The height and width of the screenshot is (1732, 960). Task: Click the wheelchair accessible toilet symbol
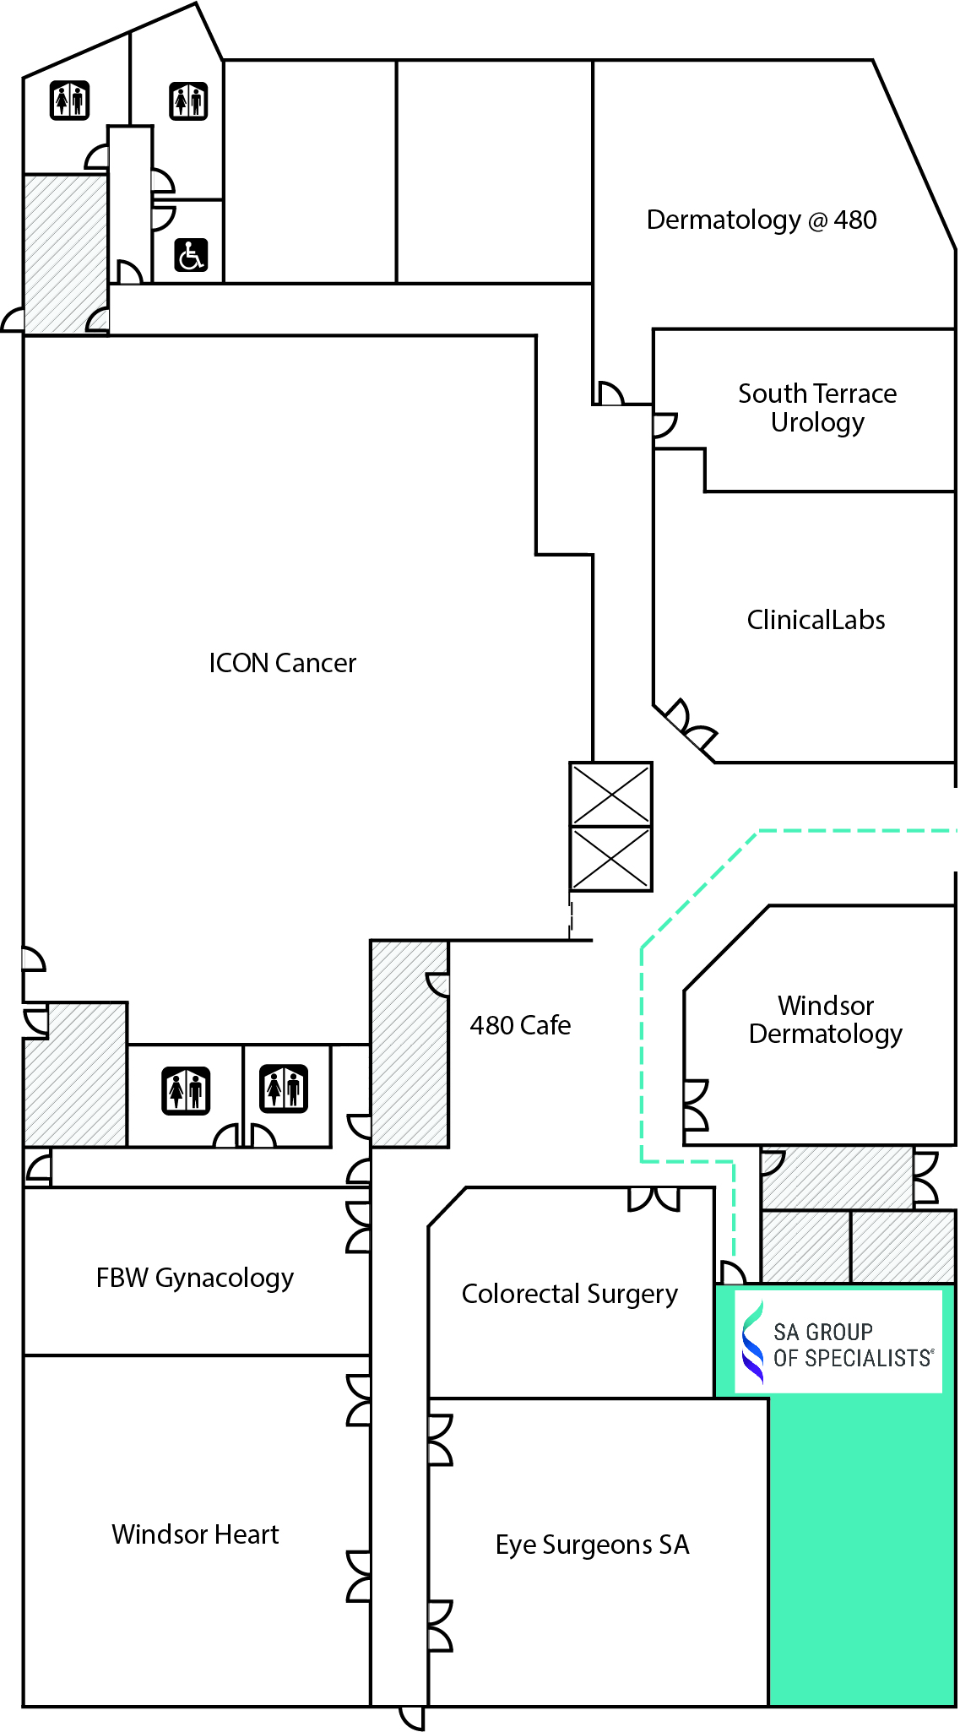tap(191, 255)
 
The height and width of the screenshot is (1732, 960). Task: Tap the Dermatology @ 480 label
tap(761, 220)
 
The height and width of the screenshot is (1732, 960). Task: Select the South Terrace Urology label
tap(816, 408)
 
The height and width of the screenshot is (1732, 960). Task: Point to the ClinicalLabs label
tap(816, 620)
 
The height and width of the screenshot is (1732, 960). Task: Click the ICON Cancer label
tap(282, 663)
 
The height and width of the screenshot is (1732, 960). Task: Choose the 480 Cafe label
tap(520, 1025)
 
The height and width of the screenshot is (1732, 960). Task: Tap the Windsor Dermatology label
tap(825, 1019)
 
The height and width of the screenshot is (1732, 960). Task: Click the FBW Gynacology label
tap(194, 1278)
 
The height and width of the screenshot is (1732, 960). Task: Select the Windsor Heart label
tap(195, 1534)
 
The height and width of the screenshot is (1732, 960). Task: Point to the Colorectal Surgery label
tap(569, 1294)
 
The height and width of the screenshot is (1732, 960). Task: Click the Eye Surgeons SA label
tap(592, 1545)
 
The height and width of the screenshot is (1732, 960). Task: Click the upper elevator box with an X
tap(610, 794)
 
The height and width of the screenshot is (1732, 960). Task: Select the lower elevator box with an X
tap(610, 859)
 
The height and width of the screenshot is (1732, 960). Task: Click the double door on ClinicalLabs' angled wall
tap(690, 725)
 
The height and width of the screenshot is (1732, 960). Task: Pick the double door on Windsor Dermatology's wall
tap(695, 1105)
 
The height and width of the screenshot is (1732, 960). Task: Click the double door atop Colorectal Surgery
tap(654, 1199)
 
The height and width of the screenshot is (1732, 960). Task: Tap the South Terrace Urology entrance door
tap(664, 425)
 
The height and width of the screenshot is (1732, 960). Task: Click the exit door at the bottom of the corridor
tap(413, 1717)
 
